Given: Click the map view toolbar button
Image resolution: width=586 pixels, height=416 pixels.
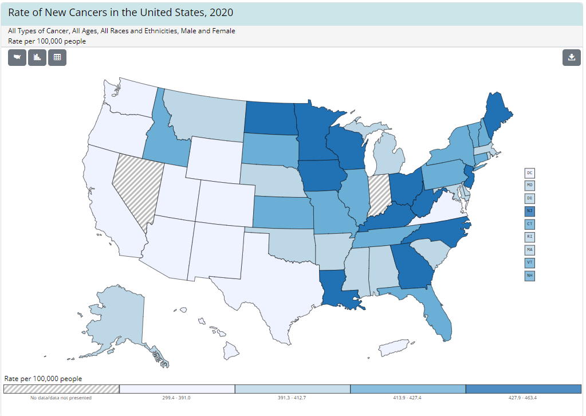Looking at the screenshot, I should point(17,57).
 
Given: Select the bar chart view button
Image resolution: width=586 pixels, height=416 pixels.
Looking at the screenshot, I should point(37,57).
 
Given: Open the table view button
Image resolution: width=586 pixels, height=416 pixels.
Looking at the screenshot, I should point(57,57).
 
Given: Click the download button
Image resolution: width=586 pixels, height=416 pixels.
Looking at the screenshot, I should point(571,57).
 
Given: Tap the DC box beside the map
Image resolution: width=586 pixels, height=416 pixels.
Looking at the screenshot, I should point(530,172).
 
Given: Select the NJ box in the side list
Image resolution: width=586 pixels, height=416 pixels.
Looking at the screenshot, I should point(530,211).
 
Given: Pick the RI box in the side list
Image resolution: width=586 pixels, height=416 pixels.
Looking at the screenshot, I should point(530,237).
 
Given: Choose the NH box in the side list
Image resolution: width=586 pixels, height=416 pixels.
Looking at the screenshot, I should point(530,275).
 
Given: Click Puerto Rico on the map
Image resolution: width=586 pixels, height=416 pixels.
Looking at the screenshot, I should point(395,347).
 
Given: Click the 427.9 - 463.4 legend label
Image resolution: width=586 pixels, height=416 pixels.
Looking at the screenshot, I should point(522,398).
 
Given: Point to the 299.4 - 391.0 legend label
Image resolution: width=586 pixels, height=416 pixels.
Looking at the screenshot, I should point(177,398).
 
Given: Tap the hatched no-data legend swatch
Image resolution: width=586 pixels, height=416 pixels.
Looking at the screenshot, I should point(61,389).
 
